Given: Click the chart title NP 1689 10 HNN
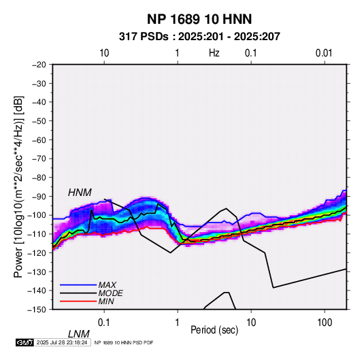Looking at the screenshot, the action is pos(199,19).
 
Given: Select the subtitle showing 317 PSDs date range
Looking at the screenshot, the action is pos(199,37).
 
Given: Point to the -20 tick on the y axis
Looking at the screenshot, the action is pos(39,65).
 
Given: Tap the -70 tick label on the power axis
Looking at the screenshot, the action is pos(39,159).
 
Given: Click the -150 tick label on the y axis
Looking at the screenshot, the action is pos(37,310).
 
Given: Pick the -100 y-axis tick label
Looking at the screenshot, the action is pos(37,215).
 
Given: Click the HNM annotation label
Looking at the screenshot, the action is pos(80,193).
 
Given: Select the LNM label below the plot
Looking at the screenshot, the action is pos(79,334).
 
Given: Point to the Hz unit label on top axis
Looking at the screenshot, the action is pos(214,53).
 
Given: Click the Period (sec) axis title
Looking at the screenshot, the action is pos(214,330).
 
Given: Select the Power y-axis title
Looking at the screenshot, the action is pos(18,187).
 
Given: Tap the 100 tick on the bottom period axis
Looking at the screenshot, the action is pos(325,323).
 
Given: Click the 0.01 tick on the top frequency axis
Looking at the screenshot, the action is pos(324,53).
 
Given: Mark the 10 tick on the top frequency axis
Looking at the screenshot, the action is pos(104,53).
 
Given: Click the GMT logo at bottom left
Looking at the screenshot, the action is pos(25,342).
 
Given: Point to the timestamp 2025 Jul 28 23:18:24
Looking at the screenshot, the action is pos(62,342).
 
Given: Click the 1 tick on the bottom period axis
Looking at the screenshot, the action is pos(178,323).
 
